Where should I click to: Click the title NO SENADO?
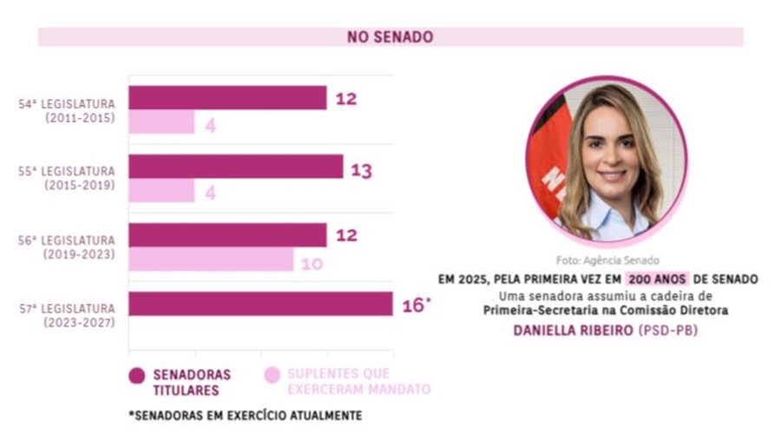390,37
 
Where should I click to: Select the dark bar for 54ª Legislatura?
227,98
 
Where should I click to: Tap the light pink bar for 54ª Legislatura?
161,123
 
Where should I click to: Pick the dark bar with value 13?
236,167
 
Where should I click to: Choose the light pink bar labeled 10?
211,260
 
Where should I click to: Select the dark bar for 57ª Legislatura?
260,304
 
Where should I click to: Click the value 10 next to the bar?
312,263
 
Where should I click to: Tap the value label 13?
361,170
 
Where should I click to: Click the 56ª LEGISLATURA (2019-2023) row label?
67,247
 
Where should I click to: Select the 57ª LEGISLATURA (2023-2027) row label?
67,315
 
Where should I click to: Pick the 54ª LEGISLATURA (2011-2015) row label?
67,110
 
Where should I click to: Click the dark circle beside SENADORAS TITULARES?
136,375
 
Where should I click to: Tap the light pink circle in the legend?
272,375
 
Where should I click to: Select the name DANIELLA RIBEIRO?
574,331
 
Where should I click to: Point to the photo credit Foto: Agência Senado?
607,260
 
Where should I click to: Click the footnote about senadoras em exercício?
245,416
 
